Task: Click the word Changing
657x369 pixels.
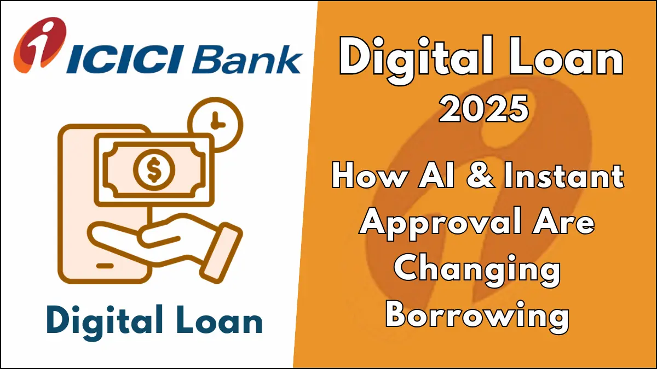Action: tap(477, 271)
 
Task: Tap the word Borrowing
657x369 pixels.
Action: tap(477, 315)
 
